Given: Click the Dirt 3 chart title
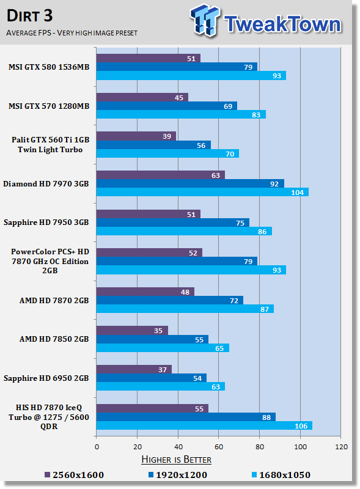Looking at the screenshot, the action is [29, 16].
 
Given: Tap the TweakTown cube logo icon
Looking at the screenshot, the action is [205, 20].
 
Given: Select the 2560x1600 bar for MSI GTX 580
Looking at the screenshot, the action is [148, 58].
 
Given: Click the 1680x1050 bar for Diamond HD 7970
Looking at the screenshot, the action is [202, 192].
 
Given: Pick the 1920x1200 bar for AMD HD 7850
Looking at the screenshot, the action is [152, 339].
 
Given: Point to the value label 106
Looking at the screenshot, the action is [301, 426].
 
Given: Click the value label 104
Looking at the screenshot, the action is [297, 193].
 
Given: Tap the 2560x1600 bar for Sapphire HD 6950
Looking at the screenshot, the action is [134, 370].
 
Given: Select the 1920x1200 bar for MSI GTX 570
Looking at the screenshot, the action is [167, 106].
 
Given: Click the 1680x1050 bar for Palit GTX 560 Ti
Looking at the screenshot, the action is [167, 154].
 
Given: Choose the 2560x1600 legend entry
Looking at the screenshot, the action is [74, 475].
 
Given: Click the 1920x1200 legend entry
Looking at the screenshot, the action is [177, 475].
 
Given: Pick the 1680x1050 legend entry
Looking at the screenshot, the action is [281, 475].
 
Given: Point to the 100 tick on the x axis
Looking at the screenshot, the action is [301, 447].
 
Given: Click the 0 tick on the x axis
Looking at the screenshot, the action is [97, 447].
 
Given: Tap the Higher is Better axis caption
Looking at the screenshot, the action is [176, 460].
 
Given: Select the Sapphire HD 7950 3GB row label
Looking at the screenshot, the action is [46, 222].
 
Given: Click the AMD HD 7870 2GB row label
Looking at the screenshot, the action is [54, 301].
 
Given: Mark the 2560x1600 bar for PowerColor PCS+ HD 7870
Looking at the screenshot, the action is [149, 252].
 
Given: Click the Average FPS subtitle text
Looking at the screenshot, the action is [72, 33].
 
